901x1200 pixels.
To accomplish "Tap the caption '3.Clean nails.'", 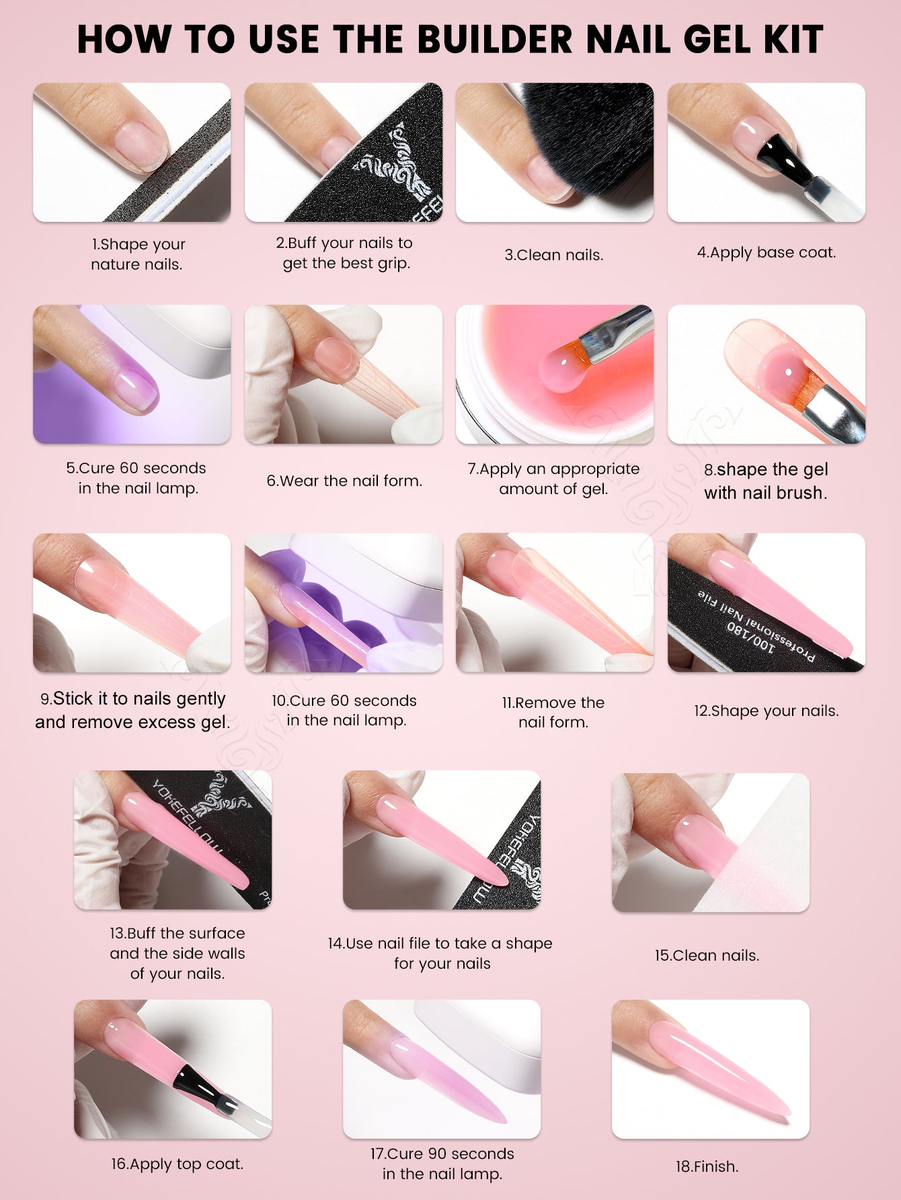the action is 554,255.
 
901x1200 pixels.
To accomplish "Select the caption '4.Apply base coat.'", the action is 767,252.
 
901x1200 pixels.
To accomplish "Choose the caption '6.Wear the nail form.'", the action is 344,481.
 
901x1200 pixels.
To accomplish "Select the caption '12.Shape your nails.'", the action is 767,711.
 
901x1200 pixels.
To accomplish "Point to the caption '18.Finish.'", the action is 707,1166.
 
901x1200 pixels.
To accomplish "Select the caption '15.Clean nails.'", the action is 707,955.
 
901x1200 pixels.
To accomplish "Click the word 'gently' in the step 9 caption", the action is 194,699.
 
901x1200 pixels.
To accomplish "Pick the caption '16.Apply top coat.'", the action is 178,1164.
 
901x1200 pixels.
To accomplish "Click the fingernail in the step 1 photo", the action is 140,144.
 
